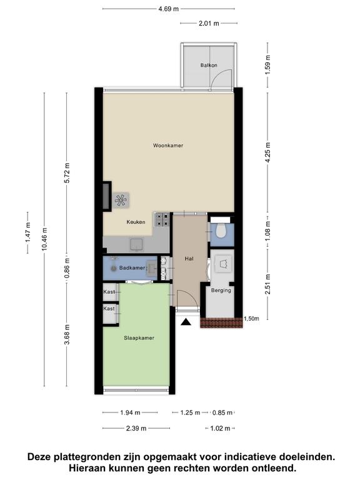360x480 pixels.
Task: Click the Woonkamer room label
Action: pyautogui.click(x=168, y=146)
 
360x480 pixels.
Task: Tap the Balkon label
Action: pyautogui.click(x=209, y=65)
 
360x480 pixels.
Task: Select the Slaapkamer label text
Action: pyautogui.click(x=139, y=338)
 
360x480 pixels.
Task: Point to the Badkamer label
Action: pyautogui.click(x=132, y=268)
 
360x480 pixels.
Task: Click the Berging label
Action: pyautogui.click(x=221, y=291)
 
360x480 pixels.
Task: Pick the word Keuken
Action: pyautogui.click(x=136, y=222)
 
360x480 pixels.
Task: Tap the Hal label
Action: pyautogui.click(x=189, y=259)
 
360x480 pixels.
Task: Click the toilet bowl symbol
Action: pyautogui.click(x=221, y=231)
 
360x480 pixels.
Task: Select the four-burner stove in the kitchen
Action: pyautogui.click(x=162, y=220)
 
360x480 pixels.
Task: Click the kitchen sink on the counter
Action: pyautogui.click(x=136, y=245)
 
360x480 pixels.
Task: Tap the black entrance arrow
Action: pyautogui.click(x=186, y=322)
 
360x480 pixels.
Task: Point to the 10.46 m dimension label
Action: pyautogui.click(x=45, y=239)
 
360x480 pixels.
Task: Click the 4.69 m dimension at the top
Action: pyautogui.click(x=168, y=9)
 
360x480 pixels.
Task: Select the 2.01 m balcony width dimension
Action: pyautogui.click(x=209, y=23)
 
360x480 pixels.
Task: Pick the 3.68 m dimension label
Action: pyautogui.click(x=67, y=334)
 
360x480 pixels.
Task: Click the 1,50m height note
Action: pyautogui.click(x=251, y=319)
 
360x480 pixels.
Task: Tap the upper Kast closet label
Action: pyautogui.click(x=109, y=292)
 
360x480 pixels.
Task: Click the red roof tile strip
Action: pyautogui.click(x=221, y=322)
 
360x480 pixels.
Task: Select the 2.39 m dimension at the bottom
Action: pyautogui.click(x=136, y=428)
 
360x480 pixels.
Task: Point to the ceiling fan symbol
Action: pyautogui.click(x=120, y=201)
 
